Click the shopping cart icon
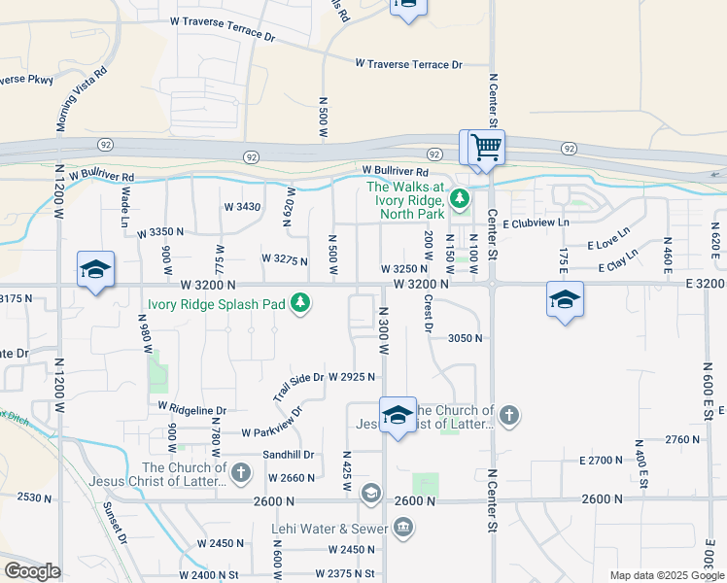[x=486, y=149]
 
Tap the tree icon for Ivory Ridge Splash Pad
[x=301, y=304]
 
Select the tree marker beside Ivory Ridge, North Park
[x=460, y=201]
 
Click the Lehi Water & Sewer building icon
[x=403, y=529]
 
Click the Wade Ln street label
[x=125, y=207]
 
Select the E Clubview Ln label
[x=537, y=223]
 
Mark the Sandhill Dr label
[x=289, y=454]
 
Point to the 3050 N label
[x=466, y=338]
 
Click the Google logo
[x=32, y=571]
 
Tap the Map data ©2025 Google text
[x=666, y=575]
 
